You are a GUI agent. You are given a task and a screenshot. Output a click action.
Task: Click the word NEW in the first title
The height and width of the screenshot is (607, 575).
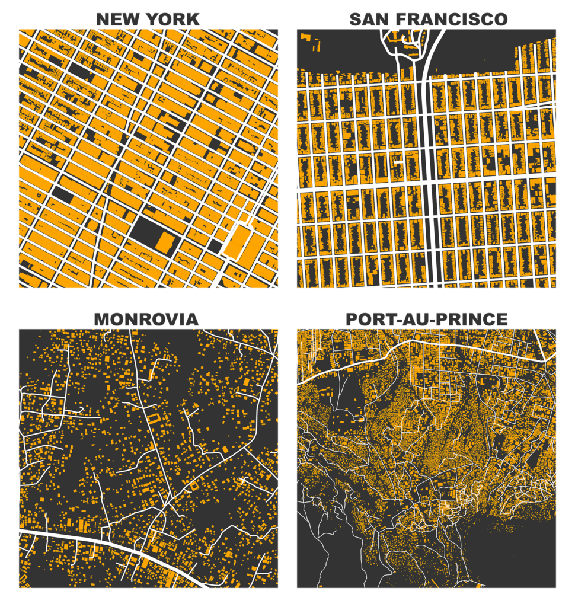coord(116,19)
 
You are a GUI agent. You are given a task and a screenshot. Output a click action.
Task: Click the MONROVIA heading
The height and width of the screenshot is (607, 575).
coord(146,320)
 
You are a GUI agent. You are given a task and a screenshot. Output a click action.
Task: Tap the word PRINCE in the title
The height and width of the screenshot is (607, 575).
coord(474,320)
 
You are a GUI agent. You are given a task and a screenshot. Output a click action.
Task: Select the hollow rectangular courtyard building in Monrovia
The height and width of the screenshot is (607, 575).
coord(154,420)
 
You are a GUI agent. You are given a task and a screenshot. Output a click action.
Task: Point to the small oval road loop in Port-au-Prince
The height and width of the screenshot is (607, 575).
coord(357,418)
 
